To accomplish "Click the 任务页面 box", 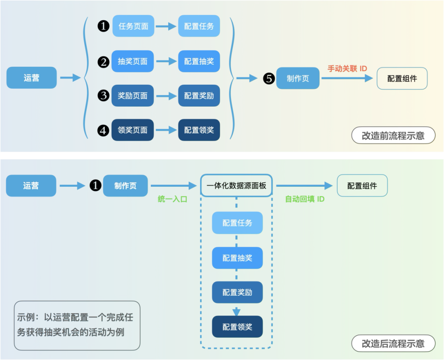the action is (x=133, y=26).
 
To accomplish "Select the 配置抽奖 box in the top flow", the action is (x=199, y=61).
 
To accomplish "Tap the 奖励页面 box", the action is (x=132, y=95).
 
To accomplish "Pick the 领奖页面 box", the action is (x=132, y=130).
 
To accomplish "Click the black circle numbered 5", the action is (x=269, y=78).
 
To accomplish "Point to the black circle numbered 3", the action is (x=103, y=95).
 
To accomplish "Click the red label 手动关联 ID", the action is (x=347, y=69).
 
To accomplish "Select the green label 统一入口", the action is (x=172, y=199).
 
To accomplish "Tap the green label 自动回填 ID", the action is (x=305, y=199).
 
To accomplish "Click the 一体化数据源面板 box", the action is (x=236, y=186).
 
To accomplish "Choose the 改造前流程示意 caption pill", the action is (x=393, y=135).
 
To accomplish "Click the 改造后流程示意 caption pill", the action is (x=393, y=343).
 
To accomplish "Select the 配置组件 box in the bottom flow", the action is (x=362, y=186).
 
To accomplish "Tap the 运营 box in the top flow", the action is (x=31, y=78).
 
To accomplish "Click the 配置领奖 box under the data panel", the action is (x=237, y=327).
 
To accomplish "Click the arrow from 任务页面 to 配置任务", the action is (x=166, y=26).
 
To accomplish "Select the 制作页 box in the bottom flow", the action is (x=125, y=186).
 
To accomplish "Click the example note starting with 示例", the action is (x=77, y=325).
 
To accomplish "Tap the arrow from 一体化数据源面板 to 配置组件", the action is (x=304, y=186).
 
